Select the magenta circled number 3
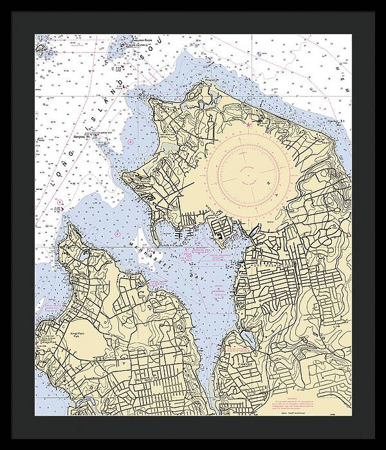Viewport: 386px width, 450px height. (130, 141)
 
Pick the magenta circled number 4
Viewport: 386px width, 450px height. (60, 202)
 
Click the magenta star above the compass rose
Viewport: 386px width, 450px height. (248, 124)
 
